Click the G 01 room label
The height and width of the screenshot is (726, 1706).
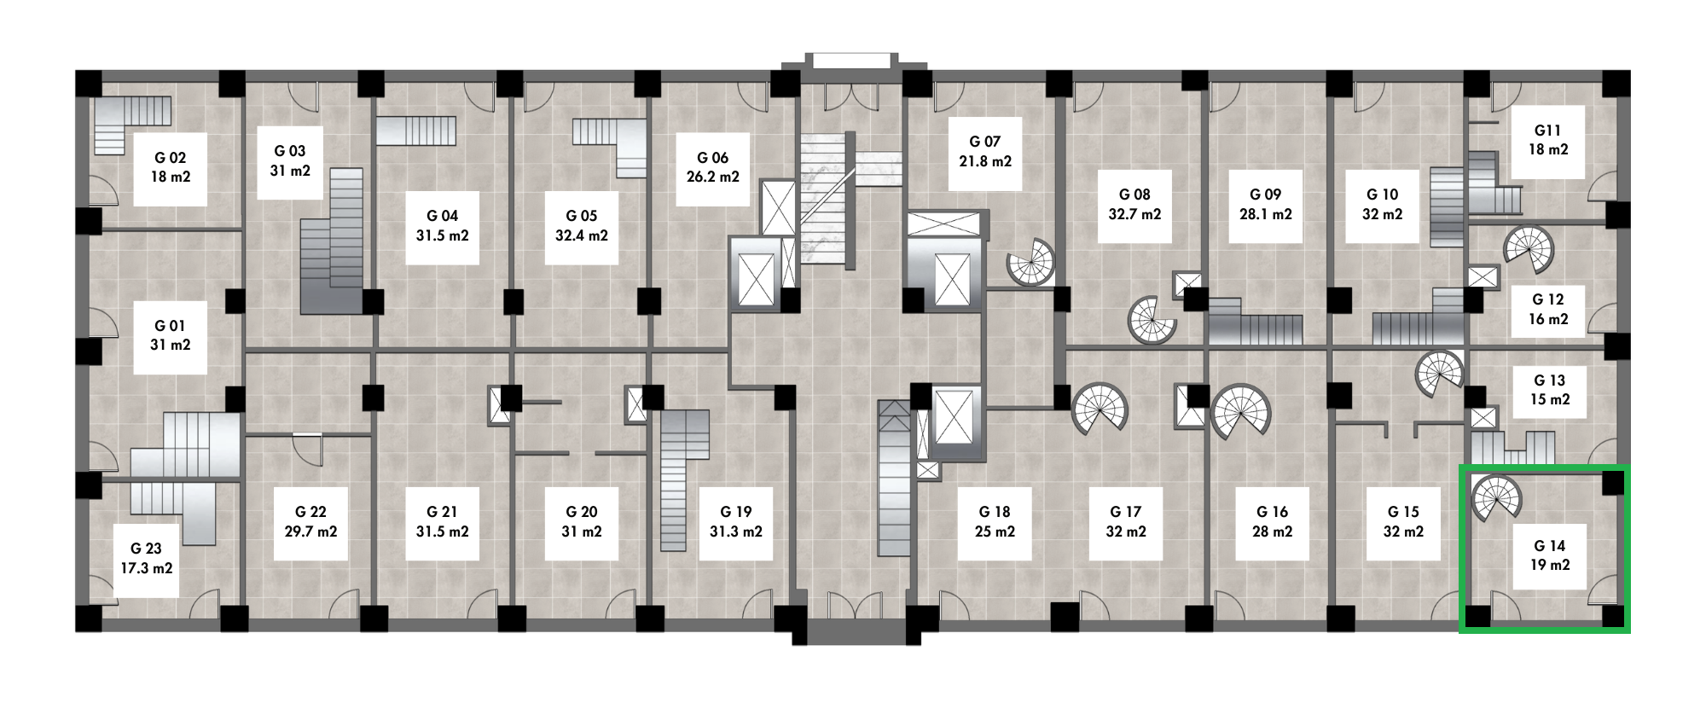[x=171, y=335]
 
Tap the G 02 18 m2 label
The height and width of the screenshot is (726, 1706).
[x=171, y=168]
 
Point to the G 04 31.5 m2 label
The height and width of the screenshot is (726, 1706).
[x=442, y=226]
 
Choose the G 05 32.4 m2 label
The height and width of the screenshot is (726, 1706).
[x=582, y=226]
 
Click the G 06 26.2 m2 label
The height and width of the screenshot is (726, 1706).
[x=713, y=168]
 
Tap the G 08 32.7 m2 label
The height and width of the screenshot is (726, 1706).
[x=1134, y=205]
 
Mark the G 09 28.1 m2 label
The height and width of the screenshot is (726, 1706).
[x=1265, y=205]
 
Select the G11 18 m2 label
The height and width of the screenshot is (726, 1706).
[x=1548, y=141]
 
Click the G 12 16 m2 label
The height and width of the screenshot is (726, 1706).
[x=1548, y=310]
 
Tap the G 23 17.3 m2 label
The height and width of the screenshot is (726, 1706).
[x=147, y=559]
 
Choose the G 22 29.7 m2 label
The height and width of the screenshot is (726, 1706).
[x=310, y=522]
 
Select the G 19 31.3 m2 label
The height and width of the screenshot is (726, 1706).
[x=736, y=522]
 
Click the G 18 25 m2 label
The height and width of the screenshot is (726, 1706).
[x=995, y=522]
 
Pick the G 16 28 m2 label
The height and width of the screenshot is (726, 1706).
[x=1272, y=522]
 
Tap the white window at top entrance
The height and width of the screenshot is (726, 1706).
[x=851, y=61]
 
